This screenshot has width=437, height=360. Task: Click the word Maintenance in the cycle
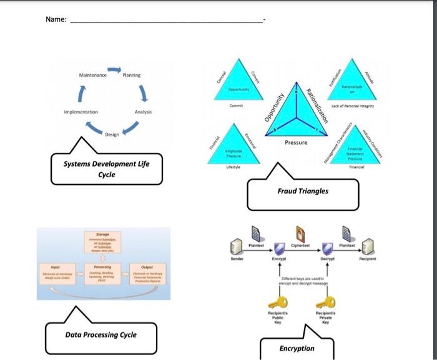pos(93,75)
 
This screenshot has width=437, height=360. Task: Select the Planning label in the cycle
pos(131,75)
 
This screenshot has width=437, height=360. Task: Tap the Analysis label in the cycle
pos(144,112)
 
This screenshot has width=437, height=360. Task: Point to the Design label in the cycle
pos(112,135)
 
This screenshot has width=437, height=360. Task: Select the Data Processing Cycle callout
pos(101,335)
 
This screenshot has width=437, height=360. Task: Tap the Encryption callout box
pos(297,348)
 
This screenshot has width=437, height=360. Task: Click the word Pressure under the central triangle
pos(296,143)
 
